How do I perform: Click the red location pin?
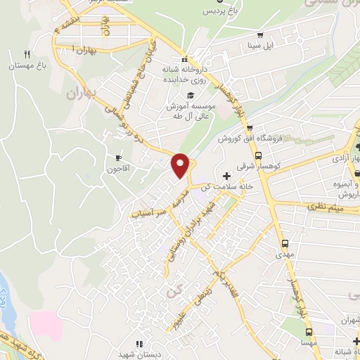(x=181, y=165)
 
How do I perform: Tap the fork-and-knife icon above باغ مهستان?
(x=27, y=54)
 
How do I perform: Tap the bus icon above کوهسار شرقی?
(x=259, y=156)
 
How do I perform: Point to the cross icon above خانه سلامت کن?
(x=226, y=175)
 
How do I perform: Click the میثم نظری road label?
(x=320, y=207)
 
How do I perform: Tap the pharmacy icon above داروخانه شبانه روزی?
(x=184, y=60)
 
